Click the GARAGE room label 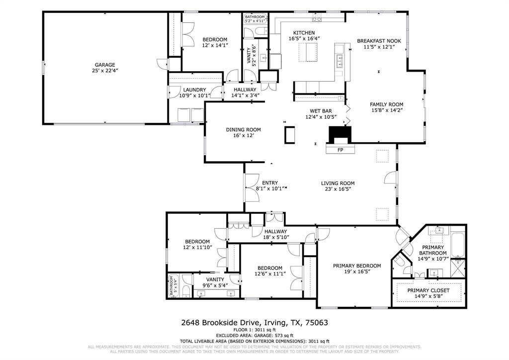105,65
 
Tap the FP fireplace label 340,150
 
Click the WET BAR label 321,111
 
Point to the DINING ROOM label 244,130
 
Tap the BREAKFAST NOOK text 376,41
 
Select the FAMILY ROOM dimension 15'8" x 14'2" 386,111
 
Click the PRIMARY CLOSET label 428,290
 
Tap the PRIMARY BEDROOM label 357,266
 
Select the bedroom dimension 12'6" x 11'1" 268,274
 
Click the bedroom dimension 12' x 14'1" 215,46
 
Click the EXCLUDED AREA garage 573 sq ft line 254,336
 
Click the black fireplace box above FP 340,134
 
